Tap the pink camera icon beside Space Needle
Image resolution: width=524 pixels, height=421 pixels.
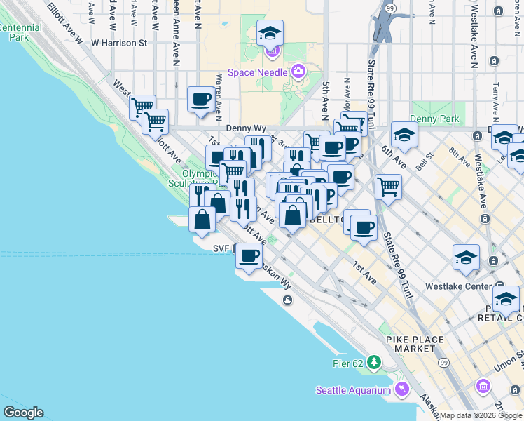pos(298,71)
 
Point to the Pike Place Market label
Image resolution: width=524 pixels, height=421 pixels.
pos(415,344)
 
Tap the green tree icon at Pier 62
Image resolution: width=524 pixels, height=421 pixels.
pos(375,363)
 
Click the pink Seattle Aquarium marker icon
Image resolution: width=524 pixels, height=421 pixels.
pos(401,388)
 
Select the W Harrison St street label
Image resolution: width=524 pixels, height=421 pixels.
pos(120,43)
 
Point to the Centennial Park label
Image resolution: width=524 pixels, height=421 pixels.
pos(21,32)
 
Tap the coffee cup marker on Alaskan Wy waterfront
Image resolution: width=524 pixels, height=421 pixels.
pos(249,256)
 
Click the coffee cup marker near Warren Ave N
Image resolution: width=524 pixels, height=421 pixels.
pos(200,99)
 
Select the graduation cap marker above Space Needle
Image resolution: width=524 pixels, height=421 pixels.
pos(270,33)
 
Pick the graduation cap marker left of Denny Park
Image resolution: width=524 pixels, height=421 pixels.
pos(404,135)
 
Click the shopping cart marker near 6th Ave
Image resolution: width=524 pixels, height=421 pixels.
pos(388,187)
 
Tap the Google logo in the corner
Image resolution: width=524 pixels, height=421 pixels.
pos(23,413)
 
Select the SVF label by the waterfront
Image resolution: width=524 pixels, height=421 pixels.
pos(221,248)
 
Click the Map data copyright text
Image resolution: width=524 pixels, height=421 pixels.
pos(481,415)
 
